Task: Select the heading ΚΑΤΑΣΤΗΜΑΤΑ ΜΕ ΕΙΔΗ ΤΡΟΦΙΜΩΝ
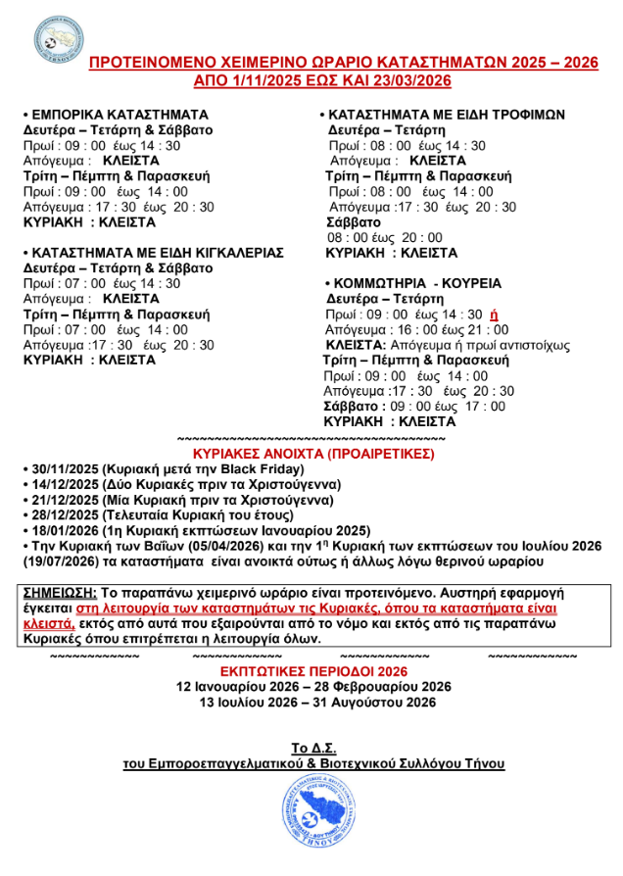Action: tap(447, 115)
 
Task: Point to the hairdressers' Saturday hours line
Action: tap(414, 406)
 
